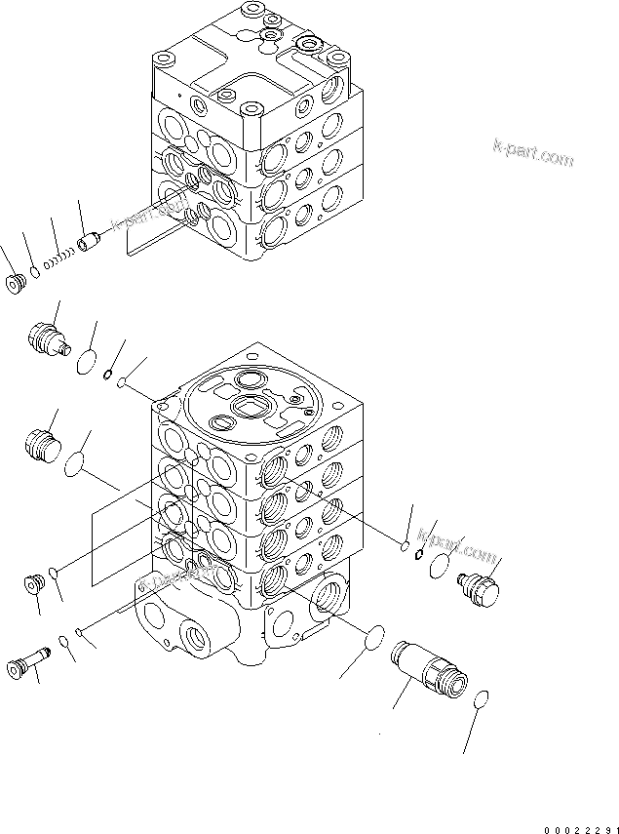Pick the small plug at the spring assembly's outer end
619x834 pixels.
point(16,284)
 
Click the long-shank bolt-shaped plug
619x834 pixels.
point(26,664)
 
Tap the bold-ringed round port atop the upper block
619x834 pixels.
point(314,43)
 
